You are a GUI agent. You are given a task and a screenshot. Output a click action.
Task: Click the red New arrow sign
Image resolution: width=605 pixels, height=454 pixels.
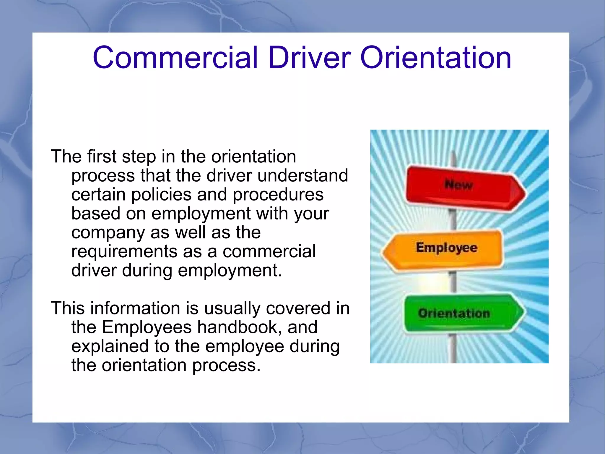461,188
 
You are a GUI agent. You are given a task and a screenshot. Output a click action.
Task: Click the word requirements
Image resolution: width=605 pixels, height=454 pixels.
124,252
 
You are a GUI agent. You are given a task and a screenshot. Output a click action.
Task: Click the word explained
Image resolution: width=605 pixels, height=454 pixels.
110,347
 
